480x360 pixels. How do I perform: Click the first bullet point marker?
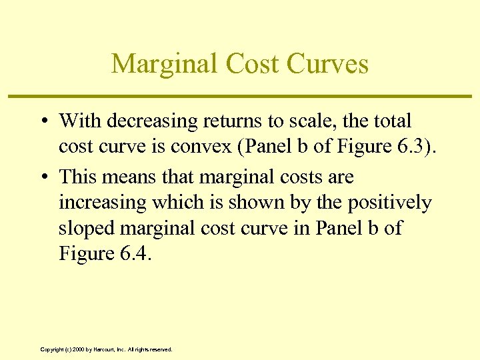click(x=43, y=121)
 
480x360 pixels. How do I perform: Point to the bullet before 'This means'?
click(x=43, y=177)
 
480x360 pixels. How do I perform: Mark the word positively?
click(x=385, y=203)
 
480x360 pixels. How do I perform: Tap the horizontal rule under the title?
click(x=239, y=97)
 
